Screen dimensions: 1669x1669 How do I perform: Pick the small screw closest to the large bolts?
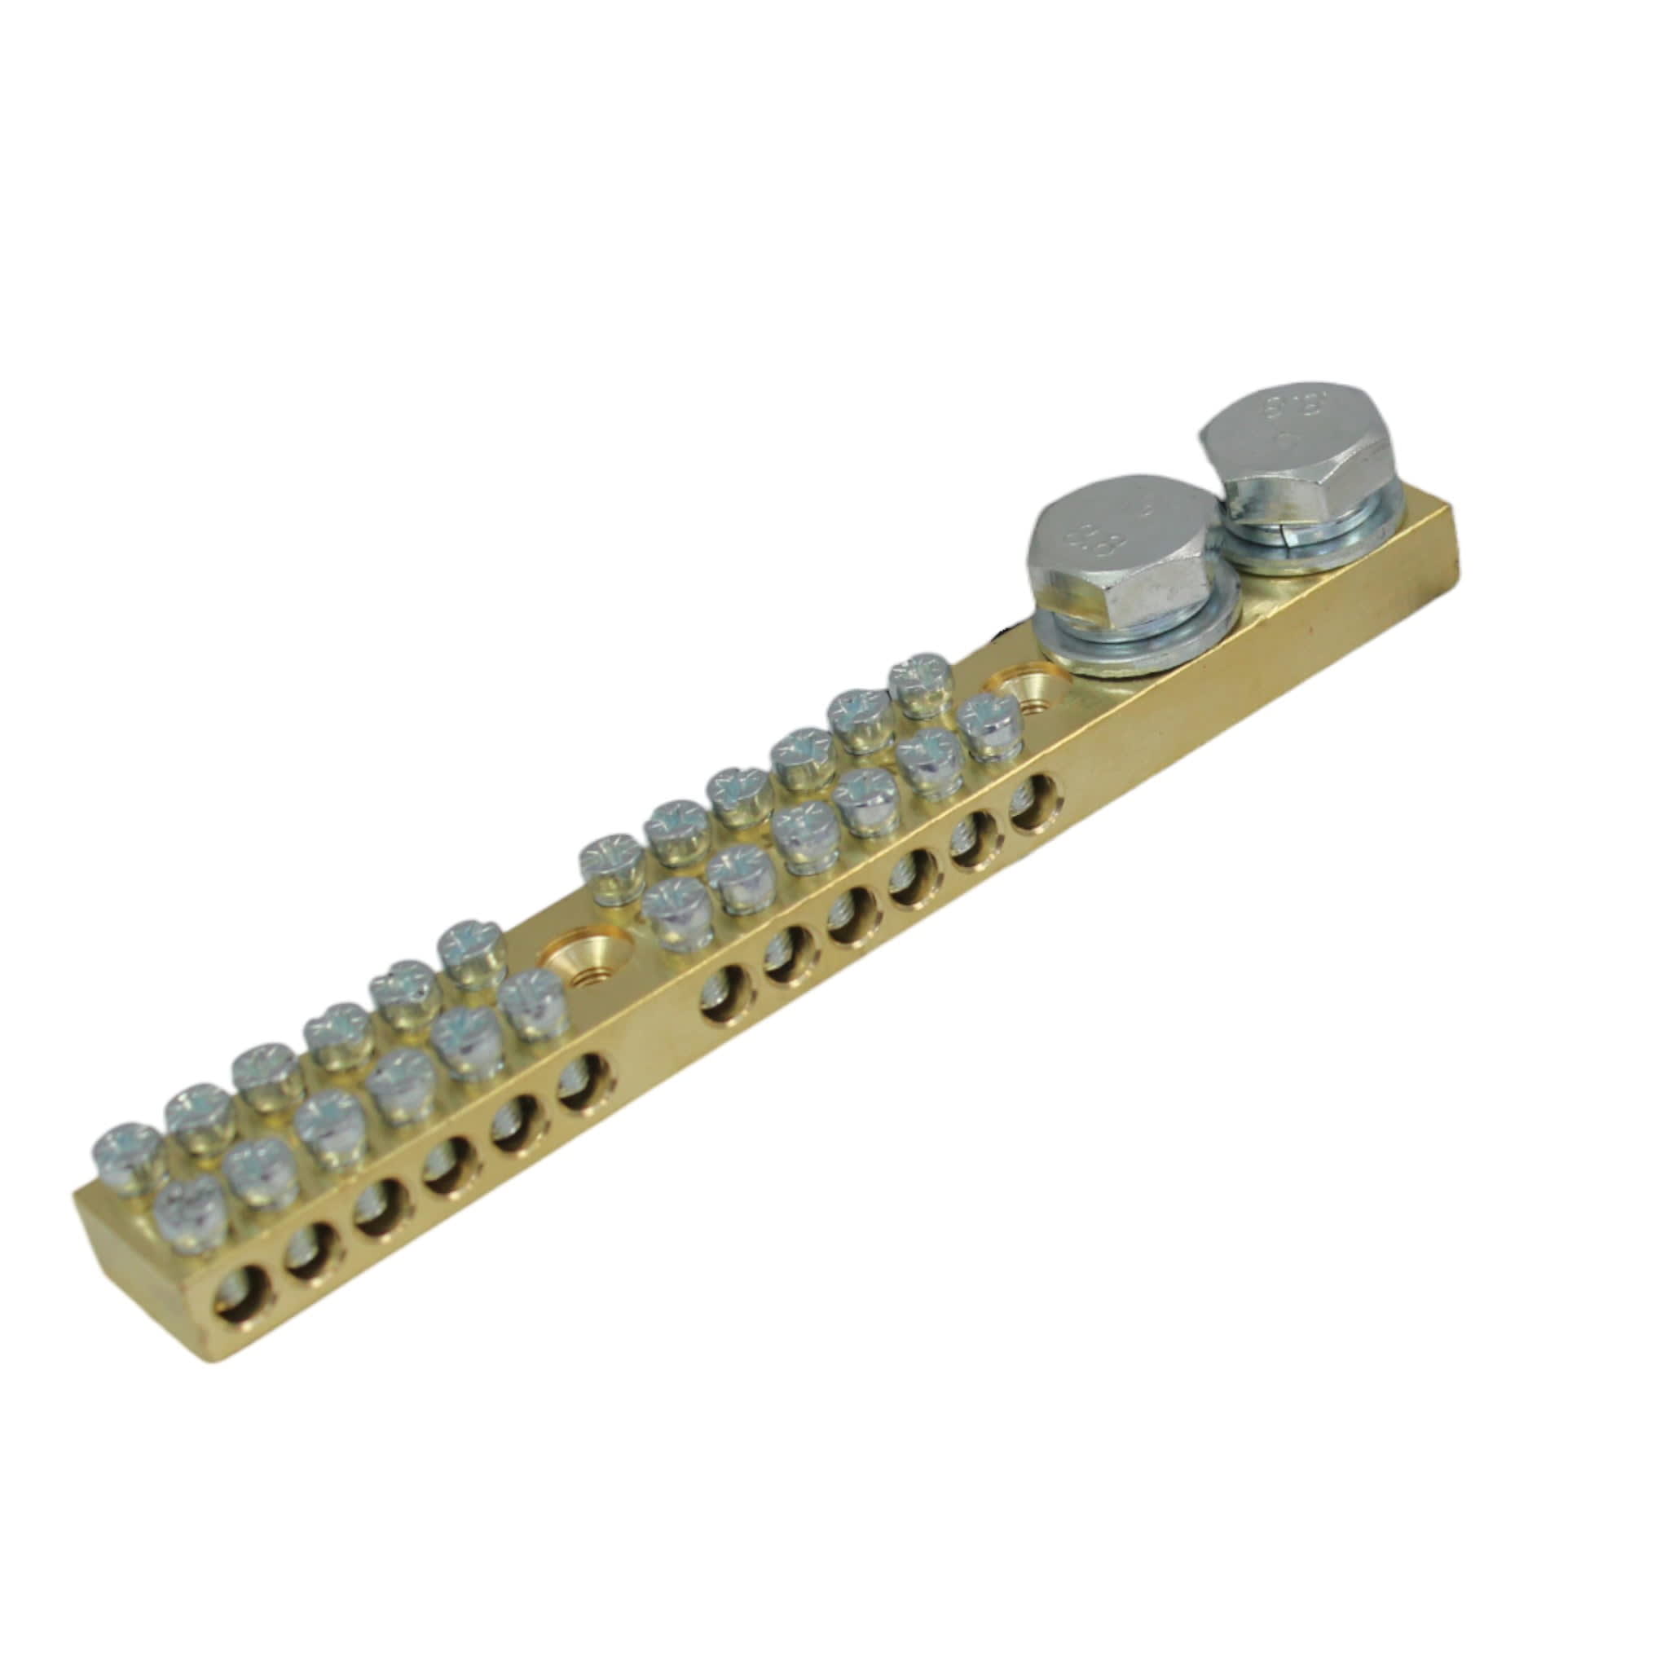click(x=990, y=722)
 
